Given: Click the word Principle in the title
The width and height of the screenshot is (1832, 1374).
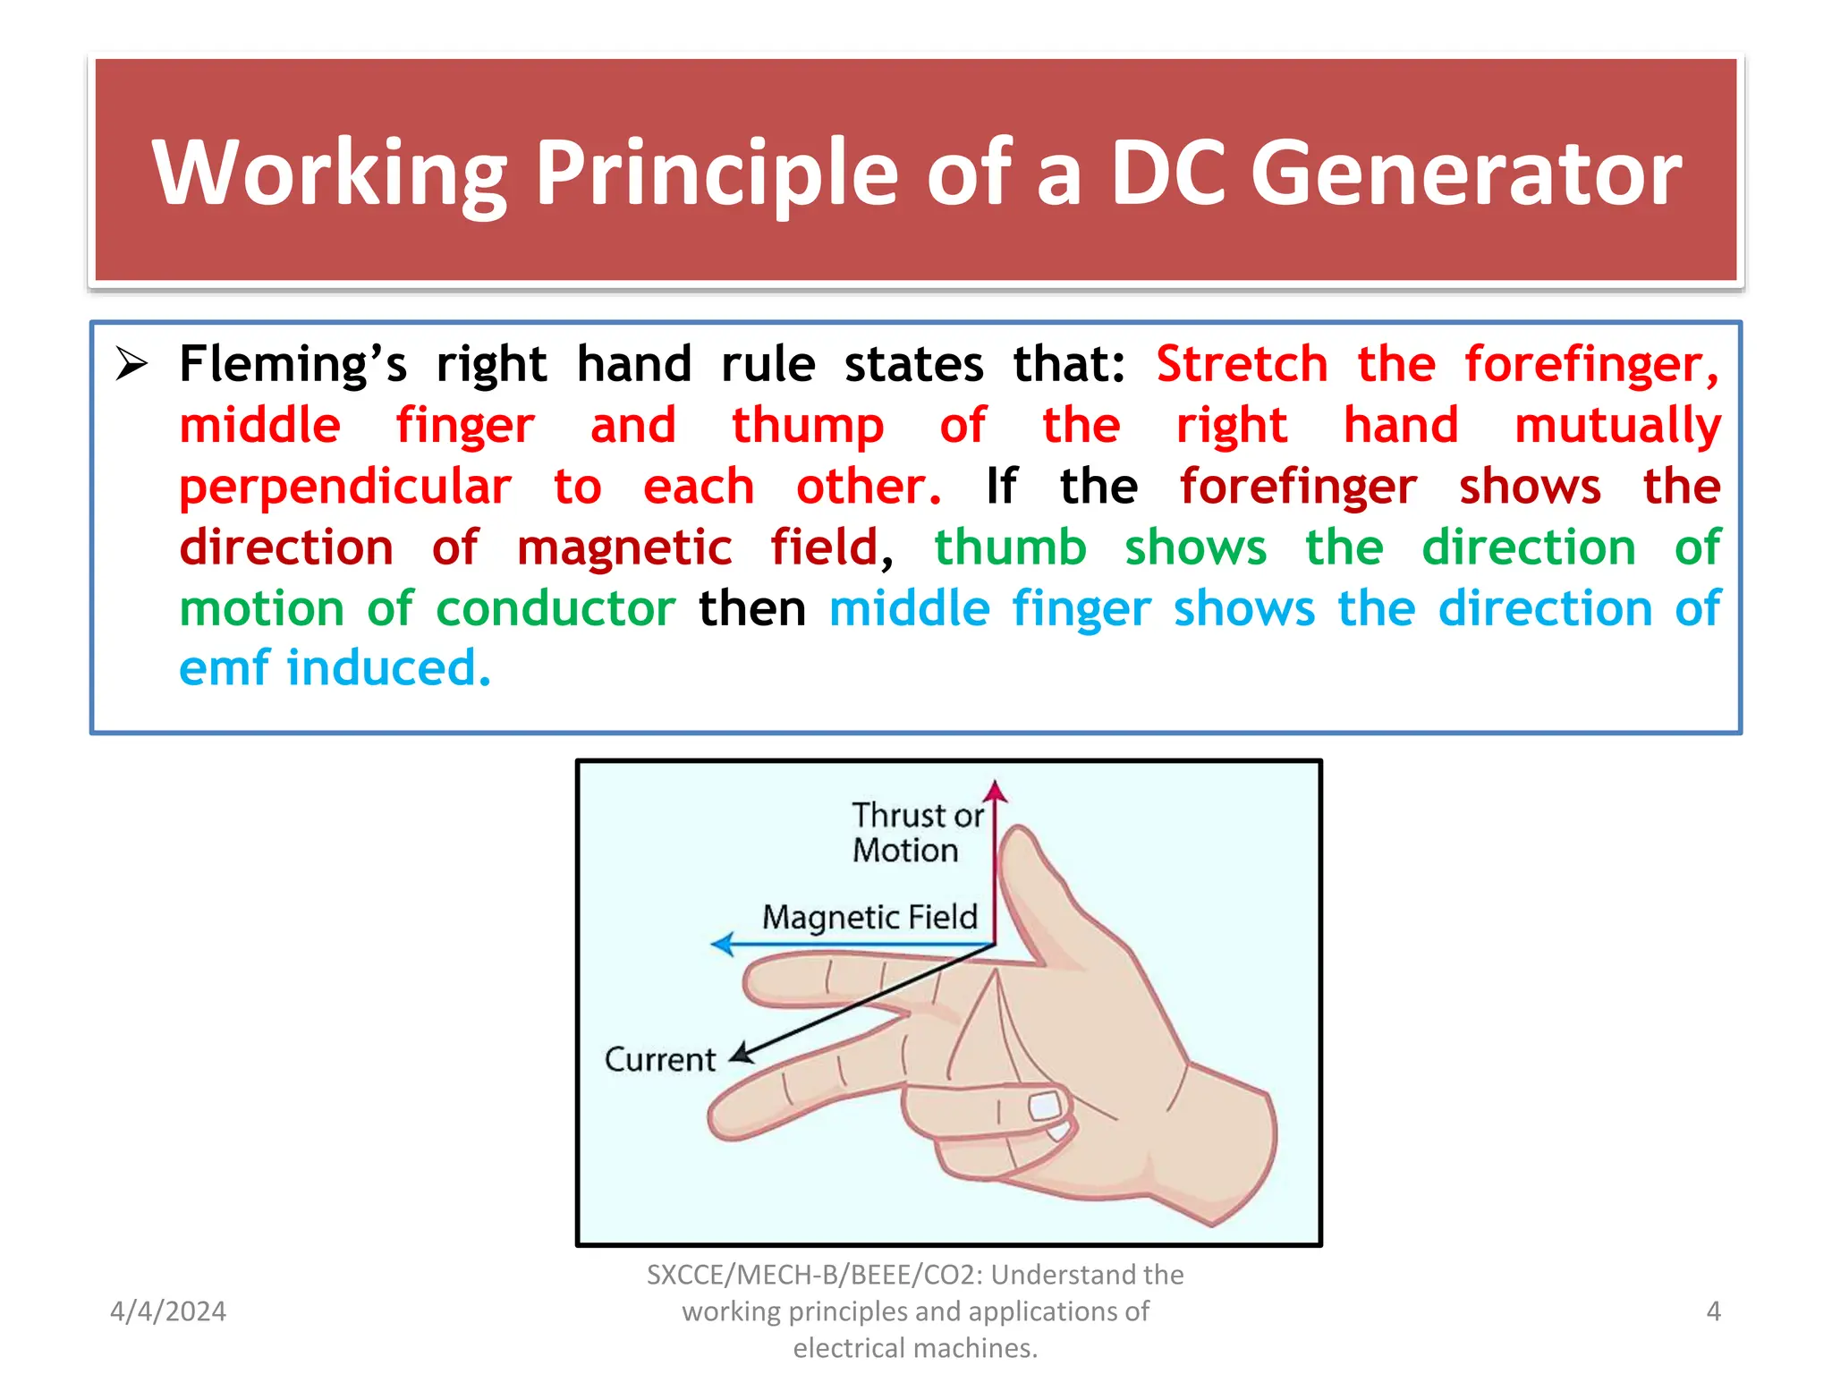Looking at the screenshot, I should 716,174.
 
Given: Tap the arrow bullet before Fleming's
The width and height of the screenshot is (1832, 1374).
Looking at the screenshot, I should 131,364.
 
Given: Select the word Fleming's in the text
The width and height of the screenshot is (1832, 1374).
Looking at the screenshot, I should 293,364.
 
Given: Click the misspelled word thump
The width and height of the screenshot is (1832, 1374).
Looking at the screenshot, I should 807,426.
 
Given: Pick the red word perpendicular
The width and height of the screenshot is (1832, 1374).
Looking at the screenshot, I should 345,488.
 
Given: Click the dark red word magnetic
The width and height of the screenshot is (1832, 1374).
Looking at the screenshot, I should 623,547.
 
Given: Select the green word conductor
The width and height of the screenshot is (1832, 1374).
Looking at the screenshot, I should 555,609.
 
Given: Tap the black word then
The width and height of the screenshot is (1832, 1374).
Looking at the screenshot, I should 751,609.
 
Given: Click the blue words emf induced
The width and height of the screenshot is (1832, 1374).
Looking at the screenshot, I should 335,669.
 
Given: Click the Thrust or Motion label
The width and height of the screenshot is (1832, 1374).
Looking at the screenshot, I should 915,832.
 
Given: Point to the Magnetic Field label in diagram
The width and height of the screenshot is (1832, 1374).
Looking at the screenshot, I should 869,917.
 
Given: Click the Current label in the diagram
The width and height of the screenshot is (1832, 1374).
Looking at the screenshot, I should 659,1059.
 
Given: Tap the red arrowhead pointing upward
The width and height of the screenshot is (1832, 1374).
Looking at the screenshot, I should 995,792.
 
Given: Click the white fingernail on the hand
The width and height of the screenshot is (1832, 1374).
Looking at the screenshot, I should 1044,1107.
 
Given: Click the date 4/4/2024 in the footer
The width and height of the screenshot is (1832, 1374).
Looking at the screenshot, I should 167,1311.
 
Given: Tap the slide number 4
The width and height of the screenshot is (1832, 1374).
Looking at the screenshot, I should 1713,1311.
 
